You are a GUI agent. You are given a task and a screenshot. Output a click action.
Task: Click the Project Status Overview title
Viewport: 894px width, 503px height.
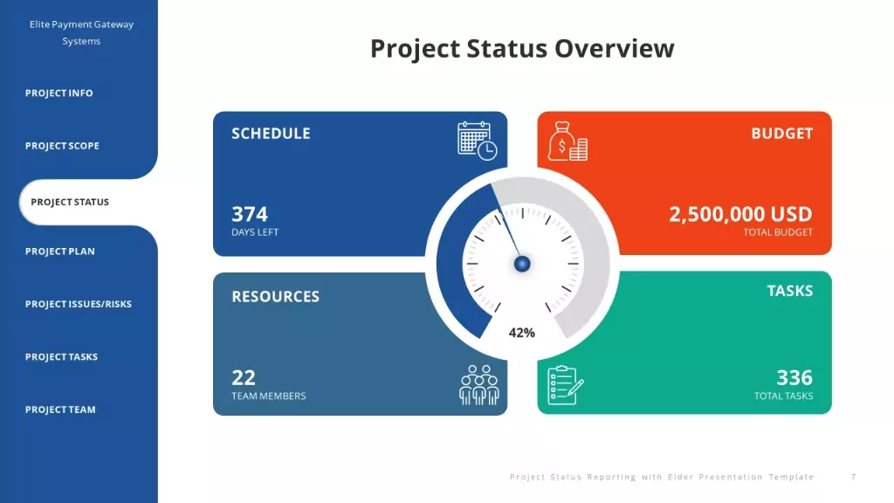click(522, 49)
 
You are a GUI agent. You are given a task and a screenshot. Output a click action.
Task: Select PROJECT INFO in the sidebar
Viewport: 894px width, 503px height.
click(58, 93)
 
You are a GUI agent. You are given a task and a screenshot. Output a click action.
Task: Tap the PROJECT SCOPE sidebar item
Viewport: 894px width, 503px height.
click(62, 146)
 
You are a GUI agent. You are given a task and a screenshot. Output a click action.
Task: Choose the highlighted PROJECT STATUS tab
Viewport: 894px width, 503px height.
click(70, 202)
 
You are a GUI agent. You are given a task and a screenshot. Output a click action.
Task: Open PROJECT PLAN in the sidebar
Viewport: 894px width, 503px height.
click(60, 251)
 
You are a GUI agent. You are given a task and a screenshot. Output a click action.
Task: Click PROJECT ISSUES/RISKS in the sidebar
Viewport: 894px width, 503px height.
click(78, 304)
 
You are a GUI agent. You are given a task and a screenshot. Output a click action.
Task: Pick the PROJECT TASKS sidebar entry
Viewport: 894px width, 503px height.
click(62, 357)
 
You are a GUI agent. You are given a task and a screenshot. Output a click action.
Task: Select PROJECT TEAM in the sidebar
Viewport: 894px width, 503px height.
click(60, 410)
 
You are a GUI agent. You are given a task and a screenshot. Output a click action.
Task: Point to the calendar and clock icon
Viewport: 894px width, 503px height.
click(478, 141)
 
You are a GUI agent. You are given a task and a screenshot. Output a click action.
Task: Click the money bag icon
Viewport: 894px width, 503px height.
click(567, 141)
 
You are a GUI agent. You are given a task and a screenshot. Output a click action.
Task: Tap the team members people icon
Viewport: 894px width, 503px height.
click(479, 385)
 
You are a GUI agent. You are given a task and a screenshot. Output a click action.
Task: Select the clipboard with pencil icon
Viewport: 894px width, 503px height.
click(565, 385)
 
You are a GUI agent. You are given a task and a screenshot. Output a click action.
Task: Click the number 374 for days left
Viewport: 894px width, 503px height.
click(249, 215)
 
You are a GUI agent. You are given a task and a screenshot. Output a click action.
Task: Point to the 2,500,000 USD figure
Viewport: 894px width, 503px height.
click(740, 215)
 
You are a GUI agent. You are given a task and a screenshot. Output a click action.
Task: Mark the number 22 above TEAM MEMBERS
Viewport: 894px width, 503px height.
click(244, 377)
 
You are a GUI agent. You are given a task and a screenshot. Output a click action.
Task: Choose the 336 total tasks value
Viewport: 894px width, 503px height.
click(794, 377)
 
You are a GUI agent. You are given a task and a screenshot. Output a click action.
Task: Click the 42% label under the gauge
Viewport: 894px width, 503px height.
click(522, 333)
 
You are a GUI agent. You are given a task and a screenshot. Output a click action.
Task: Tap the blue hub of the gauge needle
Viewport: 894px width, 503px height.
click(522, 264)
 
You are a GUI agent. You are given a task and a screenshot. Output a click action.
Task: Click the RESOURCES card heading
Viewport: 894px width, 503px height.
click(275, 297)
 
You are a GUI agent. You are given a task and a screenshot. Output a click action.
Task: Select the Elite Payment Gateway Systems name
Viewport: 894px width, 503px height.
click(81, 32)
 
